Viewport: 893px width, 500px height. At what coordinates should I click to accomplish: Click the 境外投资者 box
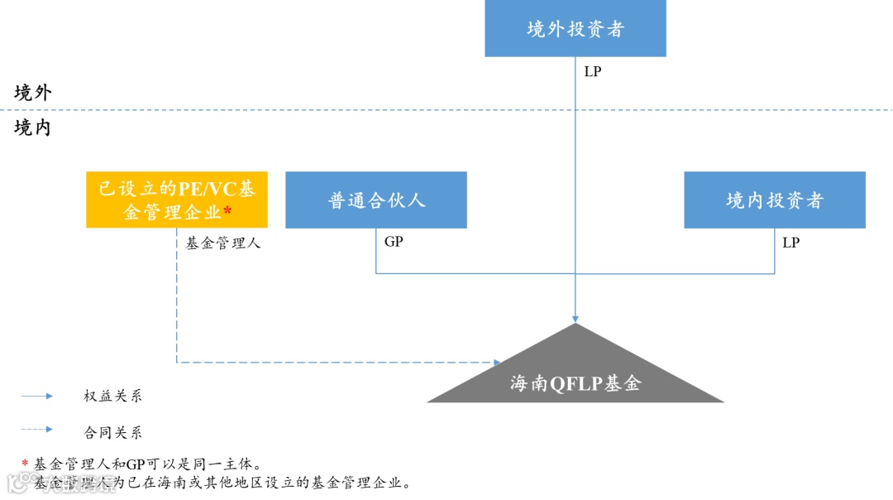pos(575,29)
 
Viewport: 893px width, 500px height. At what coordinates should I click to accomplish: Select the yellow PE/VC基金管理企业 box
pos(177,200)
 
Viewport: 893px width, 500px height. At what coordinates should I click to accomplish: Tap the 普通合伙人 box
pos(376,200)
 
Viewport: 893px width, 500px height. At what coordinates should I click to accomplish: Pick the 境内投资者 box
pos(775,200)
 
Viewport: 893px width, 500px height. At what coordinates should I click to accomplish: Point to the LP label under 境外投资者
pos(593,72)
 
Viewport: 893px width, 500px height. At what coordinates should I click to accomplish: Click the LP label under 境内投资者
pos(791,243)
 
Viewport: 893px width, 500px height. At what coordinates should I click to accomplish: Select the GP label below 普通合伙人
pos(394,242)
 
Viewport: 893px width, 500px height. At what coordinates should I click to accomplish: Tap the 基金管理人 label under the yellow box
pos(223,243)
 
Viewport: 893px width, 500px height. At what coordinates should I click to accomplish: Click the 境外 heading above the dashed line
pos(33,93)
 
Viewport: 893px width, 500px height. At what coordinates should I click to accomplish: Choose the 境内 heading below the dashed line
pos(33,127)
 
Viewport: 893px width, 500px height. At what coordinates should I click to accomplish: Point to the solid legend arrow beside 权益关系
pos(37,397)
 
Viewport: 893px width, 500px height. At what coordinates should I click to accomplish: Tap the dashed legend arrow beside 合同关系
pos(37,430)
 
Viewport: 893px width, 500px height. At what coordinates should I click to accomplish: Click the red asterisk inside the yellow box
pos(227,212)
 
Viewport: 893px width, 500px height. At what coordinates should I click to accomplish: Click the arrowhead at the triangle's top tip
pos(575,318)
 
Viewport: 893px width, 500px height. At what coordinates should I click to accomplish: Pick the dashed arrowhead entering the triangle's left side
pos(497,363)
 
